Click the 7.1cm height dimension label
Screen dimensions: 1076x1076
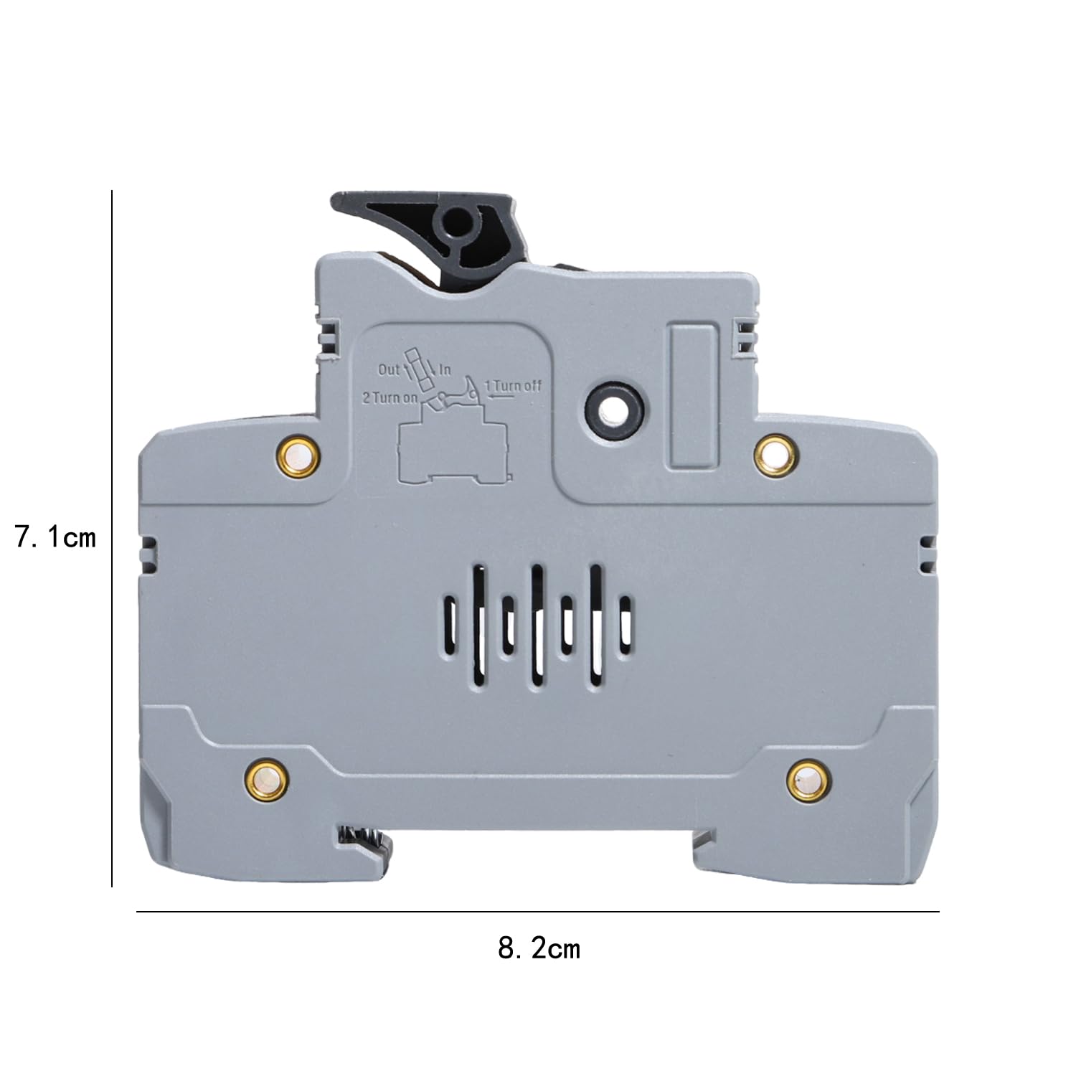point(56,537)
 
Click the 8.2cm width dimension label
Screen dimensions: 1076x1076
point(539,948)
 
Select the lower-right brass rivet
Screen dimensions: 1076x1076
point(809,780)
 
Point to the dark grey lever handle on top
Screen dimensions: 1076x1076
point(430,237)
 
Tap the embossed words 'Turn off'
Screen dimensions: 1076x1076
point(519,386)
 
